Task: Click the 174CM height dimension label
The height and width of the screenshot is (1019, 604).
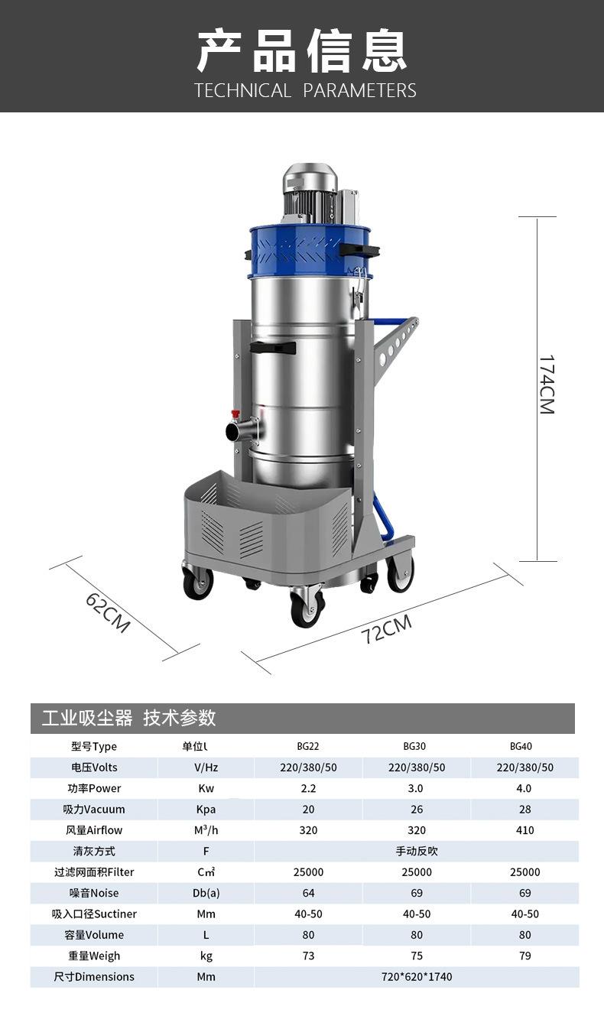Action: coord(547,385)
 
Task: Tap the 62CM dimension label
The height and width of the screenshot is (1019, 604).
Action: coord(108,612)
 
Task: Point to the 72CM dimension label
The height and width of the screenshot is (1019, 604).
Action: coord(387,629)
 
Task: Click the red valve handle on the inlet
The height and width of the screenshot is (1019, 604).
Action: coord(235,414)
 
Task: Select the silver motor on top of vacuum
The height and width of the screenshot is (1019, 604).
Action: coord(310,193)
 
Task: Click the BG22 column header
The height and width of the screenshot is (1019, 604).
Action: coord(308,746)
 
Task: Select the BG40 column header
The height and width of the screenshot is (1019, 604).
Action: coord(521,746)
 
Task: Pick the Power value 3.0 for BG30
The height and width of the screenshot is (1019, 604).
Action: coord(415,788)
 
